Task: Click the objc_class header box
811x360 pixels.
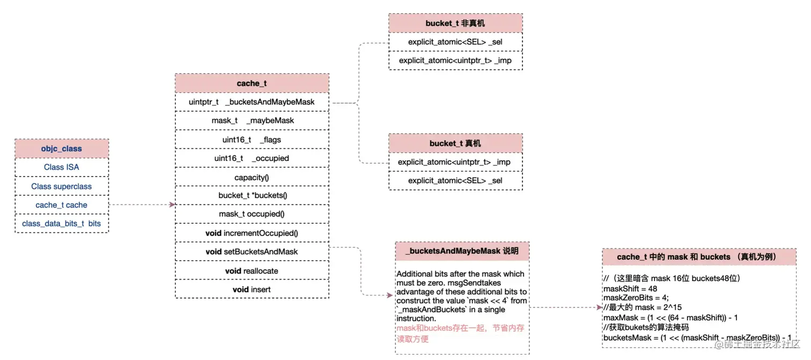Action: pyautogui.click(x=61, y=149)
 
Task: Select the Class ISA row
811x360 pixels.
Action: pyautogui.click(x=61, y=167)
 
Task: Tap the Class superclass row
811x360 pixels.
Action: pyautogui.click(x=61, y=186)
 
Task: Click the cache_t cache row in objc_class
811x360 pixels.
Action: pyautogui.click(x=61, y=205)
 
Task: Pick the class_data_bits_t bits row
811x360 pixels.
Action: pyautogui.click(x=61, y=223)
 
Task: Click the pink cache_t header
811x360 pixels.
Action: pyautogui.click(x=252, y=83)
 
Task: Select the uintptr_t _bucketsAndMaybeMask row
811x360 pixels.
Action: pyautogui.click(x=252, y=102)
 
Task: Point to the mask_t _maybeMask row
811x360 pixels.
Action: pyautogui.click(x=252, y=121)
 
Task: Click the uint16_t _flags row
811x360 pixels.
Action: pyautogui.click(x=252, y=139)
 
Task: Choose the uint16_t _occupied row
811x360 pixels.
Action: pyautogui.click(x=252, y=158)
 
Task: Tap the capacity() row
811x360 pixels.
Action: pyautogui.click(x=252, y=177)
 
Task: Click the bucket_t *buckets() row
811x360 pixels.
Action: pyautogui.click(x=252, y=195)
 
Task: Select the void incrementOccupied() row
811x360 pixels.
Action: pyautogui.click(x=252, y=233)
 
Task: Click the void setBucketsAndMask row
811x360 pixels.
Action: pyautogui.click(x=252, y=252)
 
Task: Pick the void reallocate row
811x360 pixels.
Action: pyautogui.click(x=252, y=271)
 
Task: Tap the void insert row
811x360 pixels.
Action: pyautogui.click(x=252, y=290)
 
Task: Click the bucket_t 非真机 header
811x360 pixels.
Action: pyautogui.click(x=455, y=23)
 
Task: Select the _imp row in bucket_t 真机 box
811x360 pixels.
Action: pyautogui.click(x=455, y=162)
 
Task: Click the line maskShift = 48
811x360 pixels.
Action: pyautogui.click(x=623, y=288)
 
